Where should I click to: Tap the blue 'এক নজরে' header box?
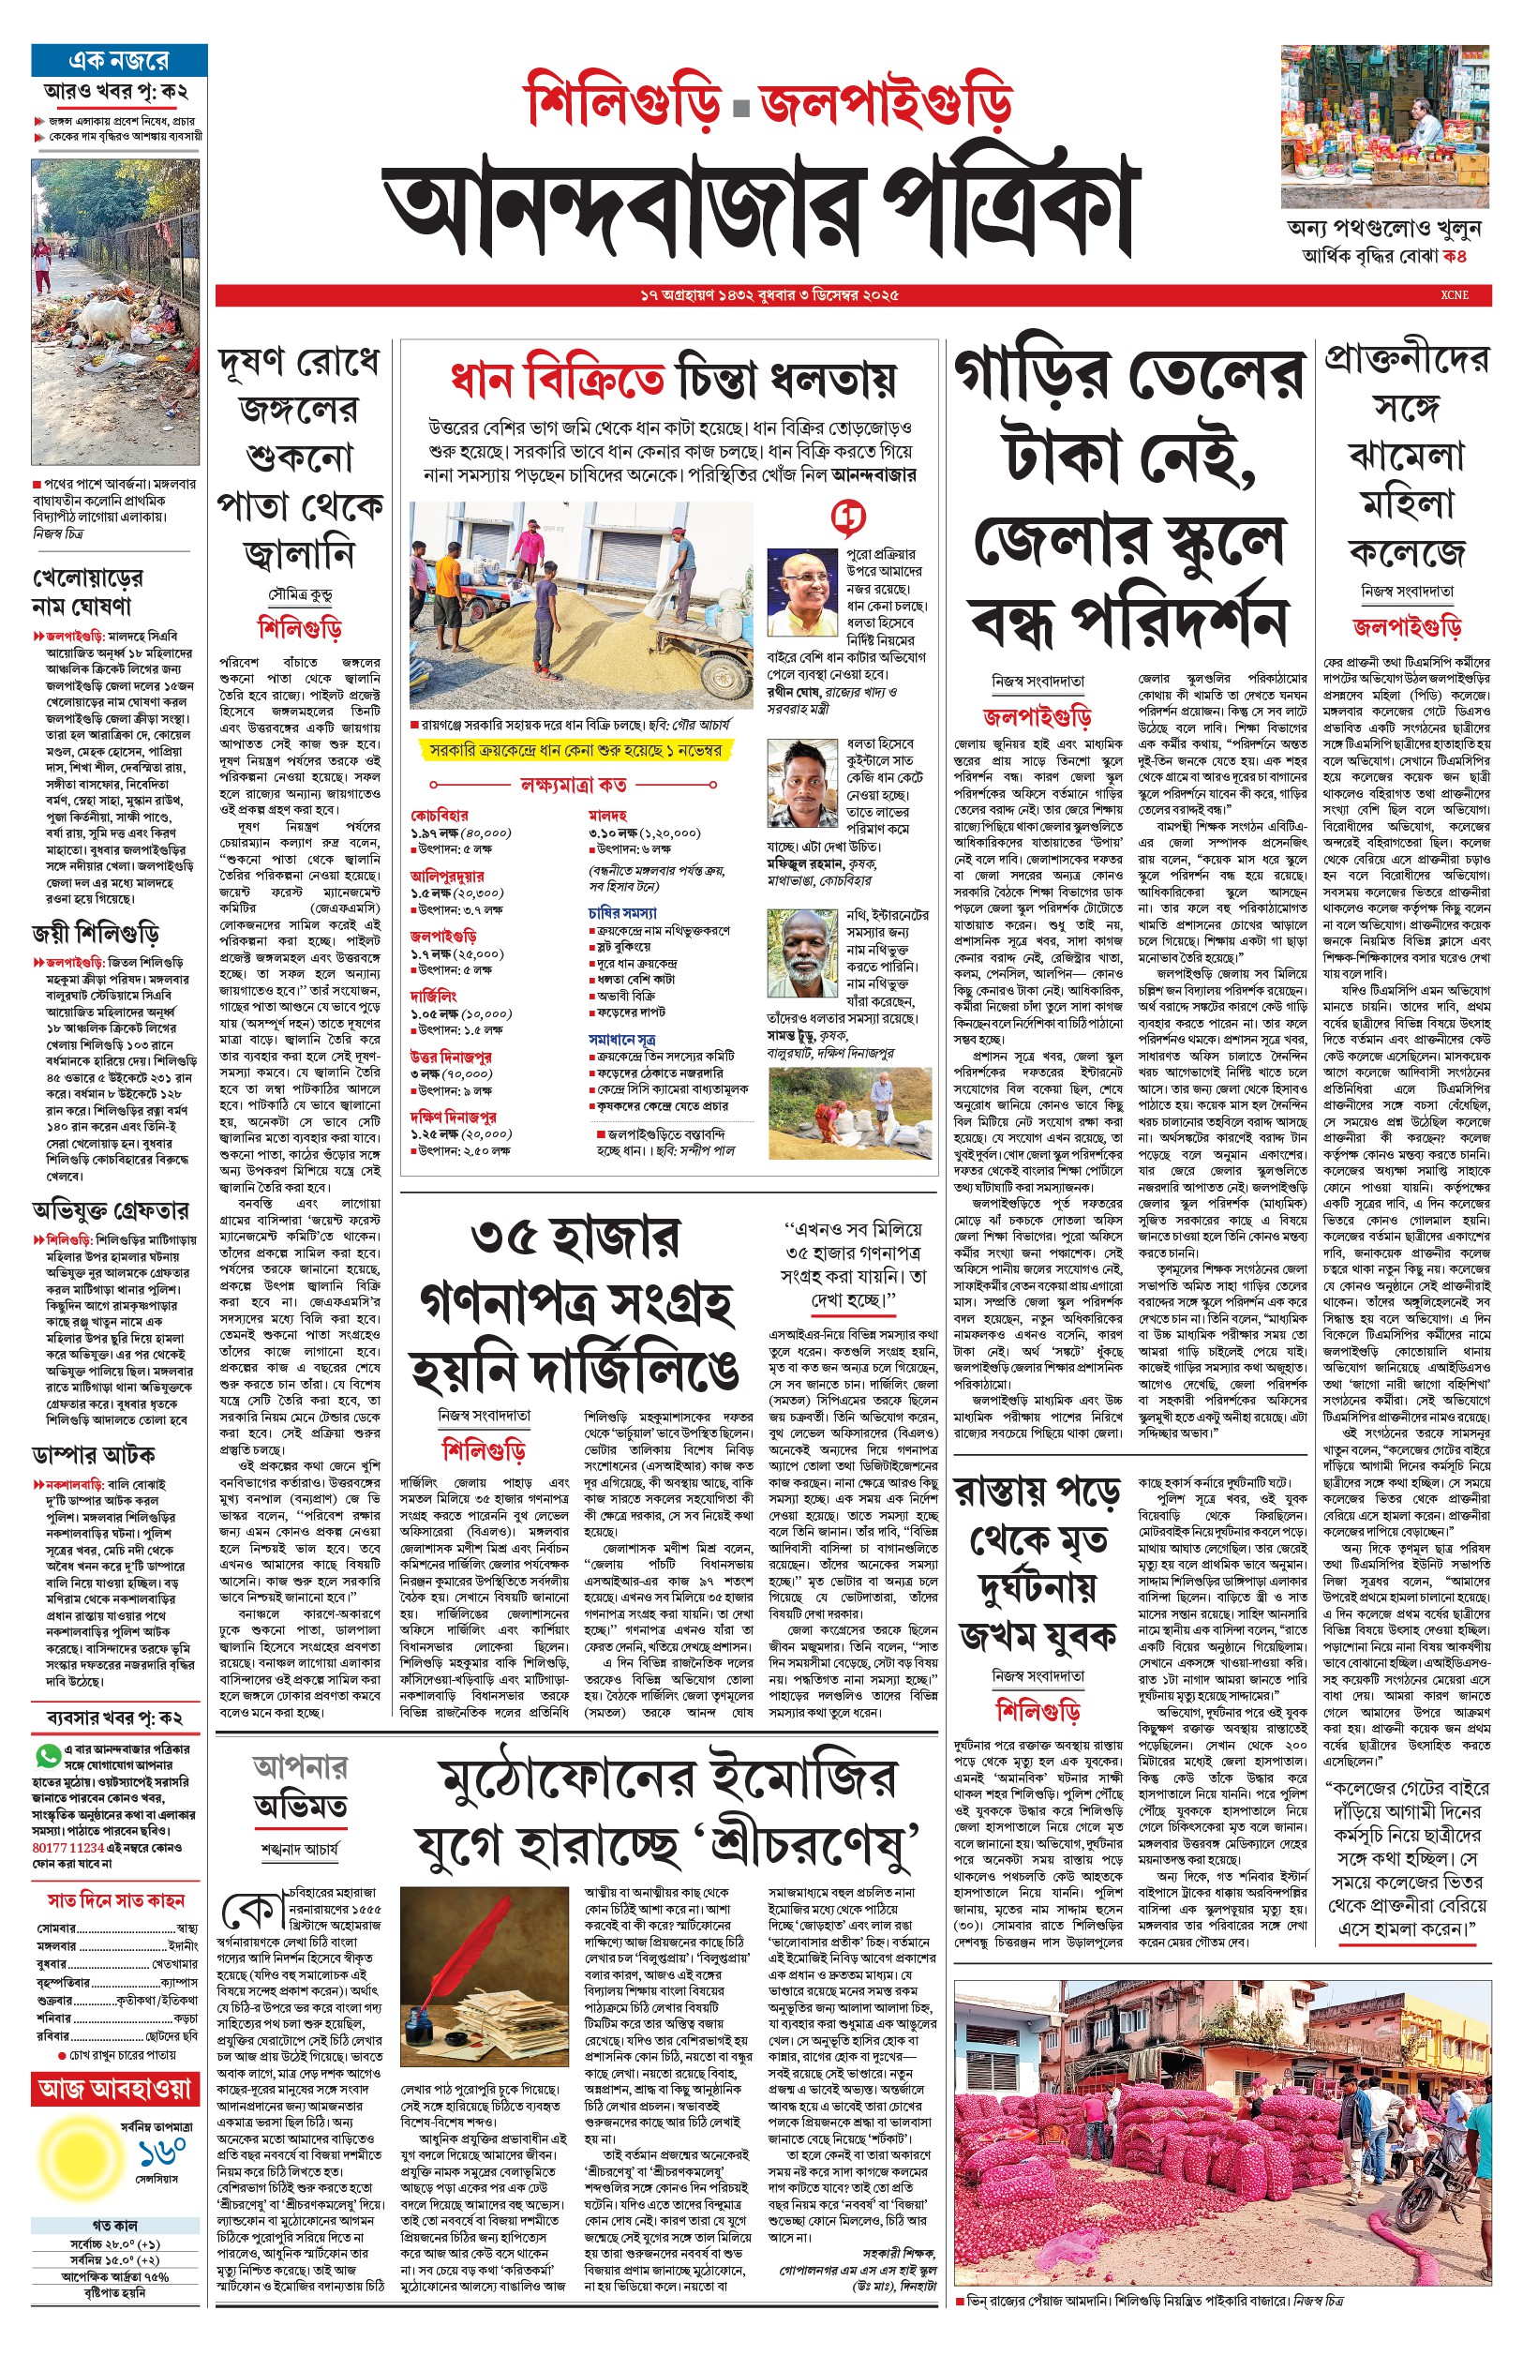(x=119, y=60)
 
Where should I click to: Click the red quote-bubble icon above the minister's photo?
(x=847, y=517)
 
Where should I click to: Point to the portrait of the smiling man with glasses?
(x=802, y=594)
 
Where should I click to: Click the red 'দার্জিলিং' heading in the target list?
(x=433, y=997)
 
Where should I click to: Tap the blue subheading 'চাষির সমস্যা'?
(x=622, y=912)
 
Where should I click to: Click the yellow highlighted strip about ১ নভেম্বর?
(x=574, y=751)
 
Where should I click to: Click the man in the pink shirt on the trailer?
(x=531, y=545)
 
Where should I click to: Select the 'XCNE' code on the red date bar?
(x=1454, y=294)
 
